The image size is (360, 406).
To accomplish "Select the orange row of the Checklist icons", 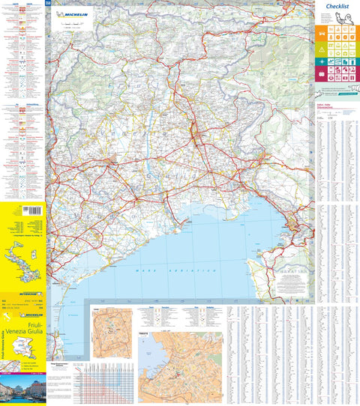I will [x=334, y=34].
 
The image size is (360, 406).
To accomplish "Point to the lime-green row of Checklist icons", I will [x=334, y=47].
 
